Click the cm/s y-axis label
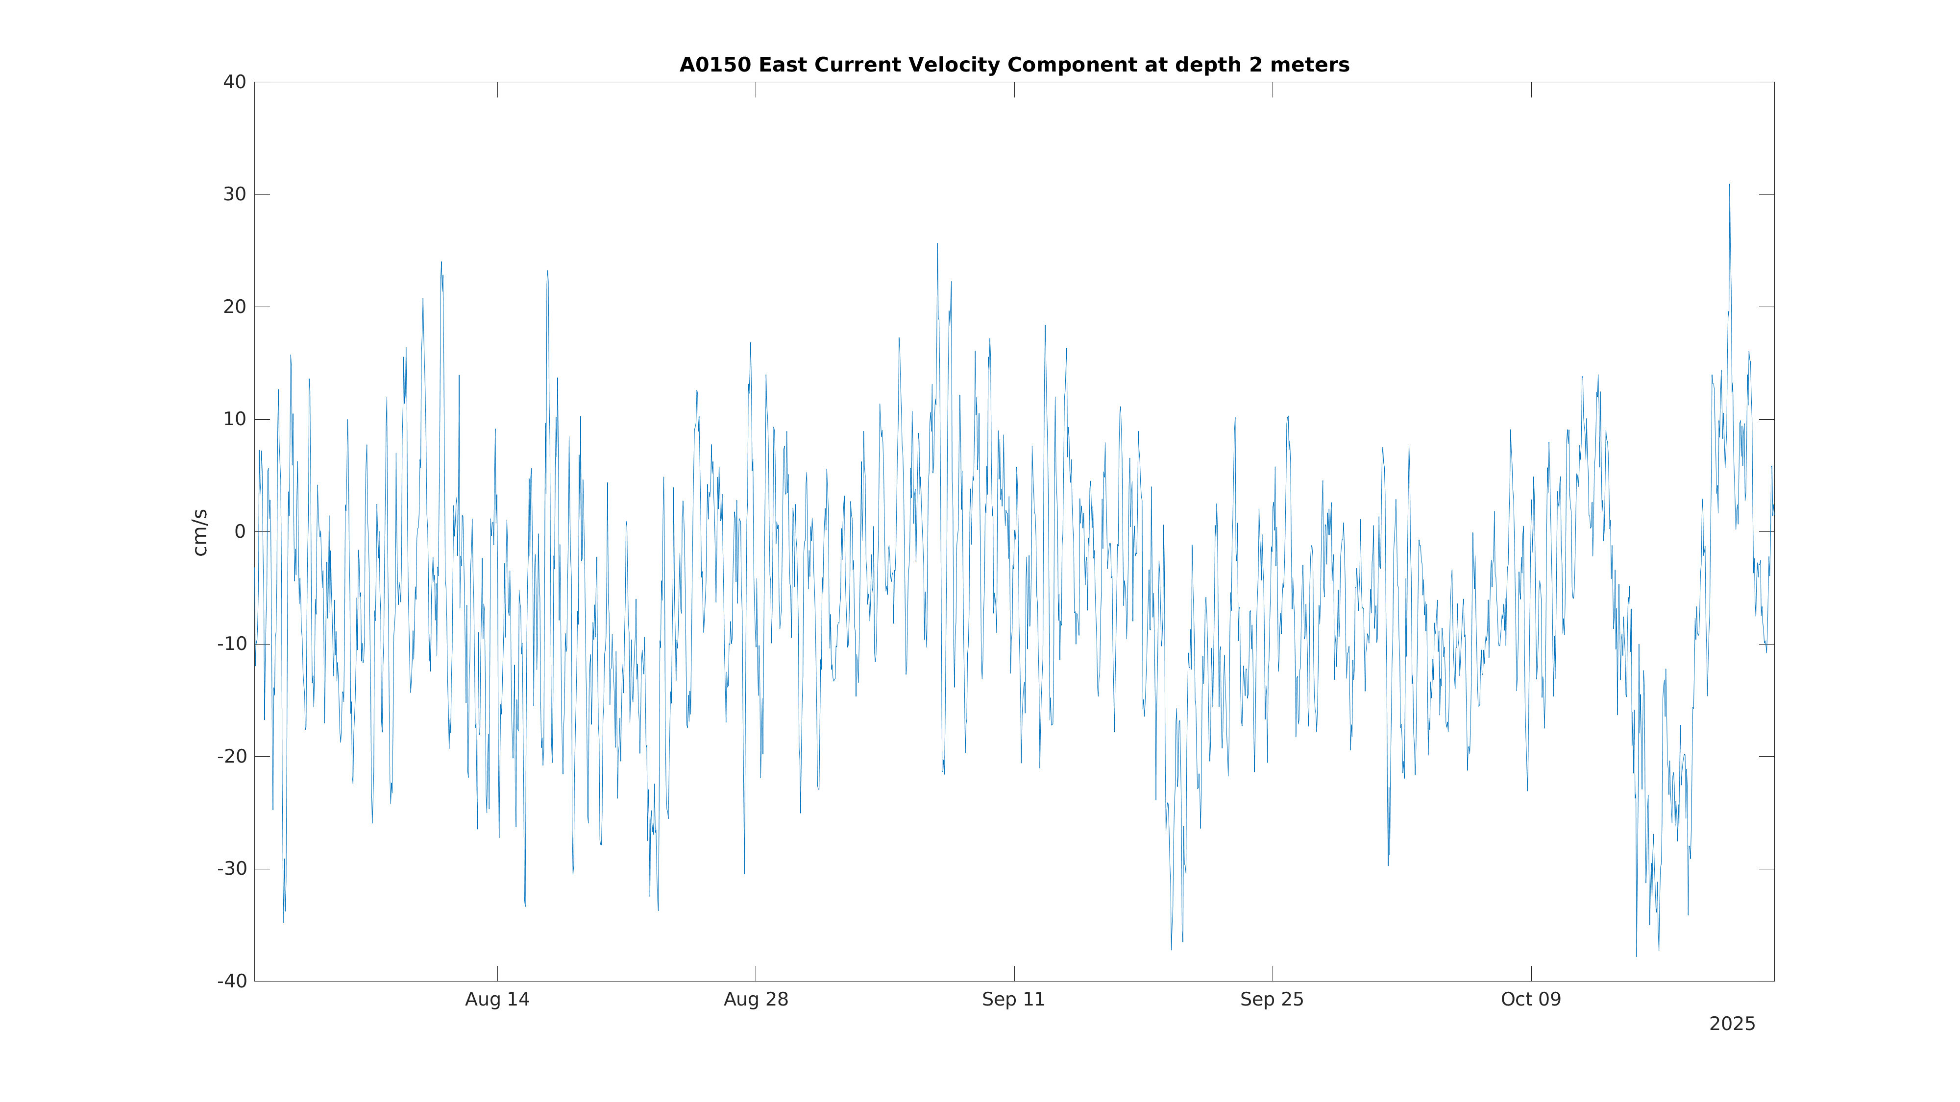200,532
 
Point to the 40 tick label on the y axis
234,82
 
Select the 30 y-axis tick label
234,195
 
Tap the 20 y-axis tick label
234,307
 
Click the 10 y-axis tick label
234,420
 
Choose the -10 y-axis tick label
232,644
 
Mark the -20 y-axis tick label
232,757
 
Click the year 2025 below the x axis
1732,1025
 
